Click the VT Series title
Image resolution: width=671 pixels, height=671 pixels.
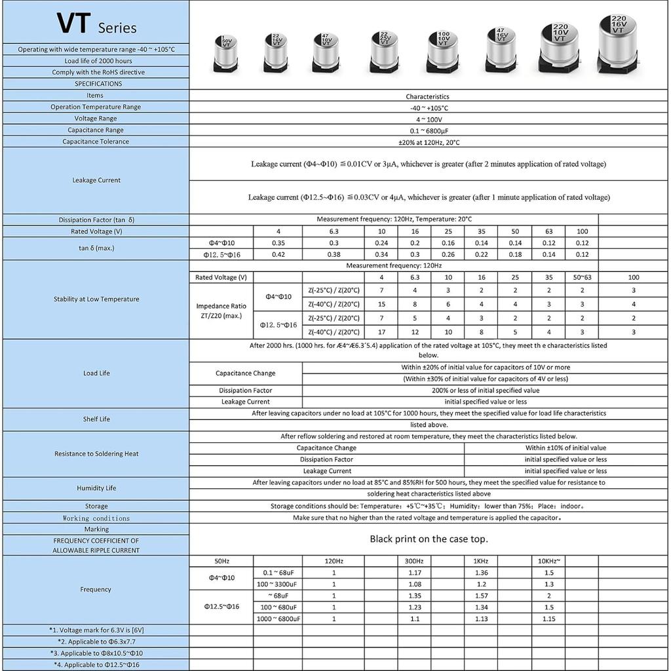[96, 24]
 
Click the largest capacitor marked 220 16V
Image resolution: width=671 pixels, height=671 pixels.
[618, 43]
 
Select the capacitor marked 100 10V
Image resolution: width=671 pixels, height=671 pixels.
[444, 49]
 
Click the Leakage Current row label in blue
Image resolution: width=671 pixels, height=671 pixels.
[96, 180]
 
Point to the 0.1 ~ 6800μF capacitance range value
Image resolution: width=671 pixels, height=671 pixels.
[427, 130]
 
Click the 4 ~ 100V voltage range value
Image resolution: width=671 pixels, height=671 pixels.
[427, 119]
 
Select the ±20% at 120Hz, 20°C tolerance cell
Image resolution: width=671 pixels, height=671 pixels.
[427, 142]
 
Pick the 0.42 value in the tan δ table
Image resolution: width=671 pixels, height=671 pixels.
[278, 254]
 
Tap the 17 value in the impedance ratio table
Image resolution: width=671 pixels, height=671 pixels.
[381, 332]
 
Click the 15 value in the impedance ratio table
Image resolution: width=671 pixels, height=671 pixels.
[381, 304]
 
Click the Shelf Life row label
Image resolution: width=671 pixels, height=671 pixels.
[96, 419]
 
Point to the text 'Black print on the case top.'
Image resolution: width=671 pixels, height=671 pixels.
[429, 539]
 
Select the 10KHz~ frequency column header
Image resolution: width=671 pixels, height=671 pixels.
[548, 561]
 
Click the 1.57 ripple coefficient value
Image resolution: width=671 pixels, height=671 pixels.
[481, 596]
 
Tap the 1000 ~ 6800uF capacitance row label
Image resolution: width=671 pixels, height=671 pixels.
[279, 619]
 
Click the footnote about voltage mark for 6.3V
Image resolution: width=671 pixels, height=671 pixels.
[96, 630]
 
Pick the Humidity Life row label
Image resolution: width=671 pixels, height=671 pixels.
[96, 488]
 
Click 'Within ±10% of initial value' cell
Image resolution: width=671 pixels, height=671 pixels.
[566, 448]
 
